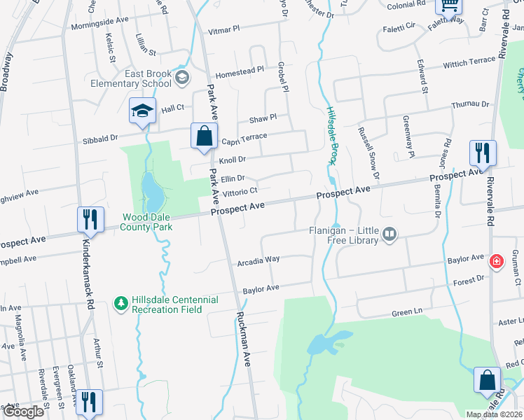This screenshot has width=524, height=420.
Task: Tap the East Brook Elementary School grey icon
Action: click(183, 76)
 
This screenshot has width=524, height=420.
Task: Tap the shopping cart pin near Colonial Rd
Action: click(448, 6)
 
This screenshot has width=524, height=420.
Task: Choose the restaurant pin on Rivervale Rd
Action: click(483, 152)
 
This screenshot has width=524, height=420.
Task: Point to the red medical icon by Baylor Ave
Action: click(497, 261)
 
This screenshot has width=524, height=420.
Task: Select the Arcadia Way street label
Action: click(258, 259)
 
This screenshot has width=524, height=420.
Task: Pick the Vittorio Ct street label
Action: click(240, 190)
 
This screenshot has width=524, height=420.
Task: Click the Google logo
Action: click(23, 412)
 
